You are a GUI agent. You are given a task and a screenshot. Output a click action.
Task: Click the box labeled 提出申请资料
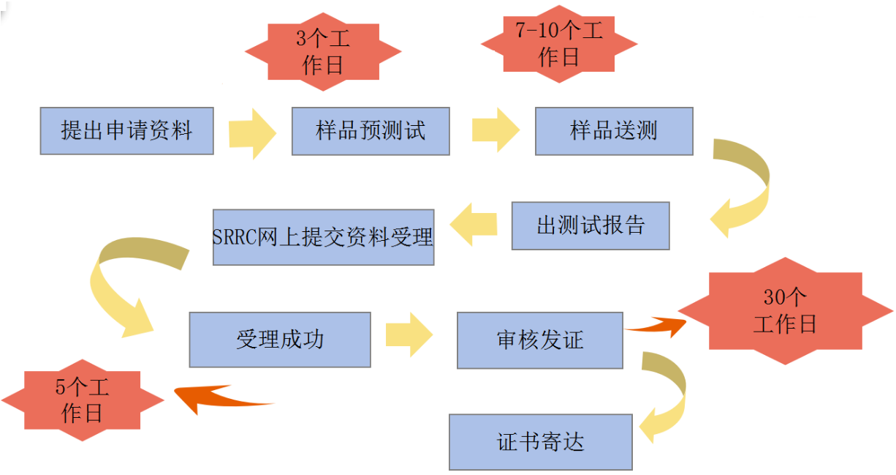[x=126, y=131]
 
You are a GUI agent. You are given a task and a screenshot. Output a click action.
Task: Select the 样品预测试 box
[x=371, y=131]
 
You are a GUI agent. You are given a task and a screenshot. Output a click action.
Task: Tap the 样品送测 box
[x=614, y=131]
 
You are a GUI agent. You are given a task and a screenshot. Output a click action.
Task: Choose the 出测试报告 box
[x=591, y=225]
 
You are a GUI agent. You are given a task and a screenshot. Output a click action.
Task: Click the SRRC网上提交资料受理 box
[x=323, y=237]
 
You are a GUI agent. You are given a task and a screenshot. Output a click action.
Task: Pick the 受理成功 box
[x=280, y=340]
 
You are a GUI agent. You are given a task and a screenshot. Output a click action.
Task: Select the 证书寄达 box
[x=540, y=442]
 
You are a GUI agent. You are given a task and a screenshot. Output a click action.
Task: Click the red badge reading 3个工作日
[x=323, y=51]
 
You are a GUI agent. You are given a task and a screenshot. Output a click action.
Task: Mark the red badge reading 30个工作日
[x=785, y=310]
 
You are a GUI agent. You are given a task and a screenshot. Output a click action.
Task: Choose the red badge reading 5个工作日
[x=82, y=400]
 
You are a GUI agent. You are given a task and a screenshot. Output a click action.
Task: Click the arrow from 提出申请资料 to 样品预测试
[x=252, y=132]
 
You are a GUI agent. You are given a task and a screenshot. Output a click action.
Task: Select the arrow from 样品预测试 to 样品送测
[x=496, y=130]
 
